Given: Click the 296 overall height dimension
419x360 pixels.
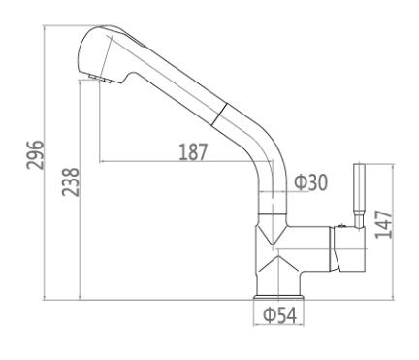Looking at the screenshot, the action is [x=35, y=154].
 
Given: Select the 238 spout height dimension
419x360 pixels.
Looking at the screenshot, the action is [x=71, y=181].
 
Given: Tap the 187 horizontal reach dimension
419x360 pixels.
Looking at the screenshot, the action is [x=193, y=151].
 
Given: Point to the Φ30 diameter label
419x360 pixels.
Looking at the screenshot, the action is [x=310, y=182].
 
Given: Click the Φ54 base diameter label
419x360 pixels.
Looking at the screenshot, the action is [x=280, y=315].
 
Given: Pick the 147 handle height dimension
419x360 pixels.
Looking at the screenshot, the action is [x=384, y=224].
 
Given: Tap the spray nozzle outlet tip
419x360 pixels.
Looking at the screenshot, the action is [x=100, y=78].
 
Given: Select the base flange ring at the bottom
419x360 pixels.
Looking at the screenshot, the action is [x=279, y=297].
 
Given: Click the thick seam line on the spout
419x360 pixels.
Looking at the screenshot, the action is [x=219, y=114].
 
